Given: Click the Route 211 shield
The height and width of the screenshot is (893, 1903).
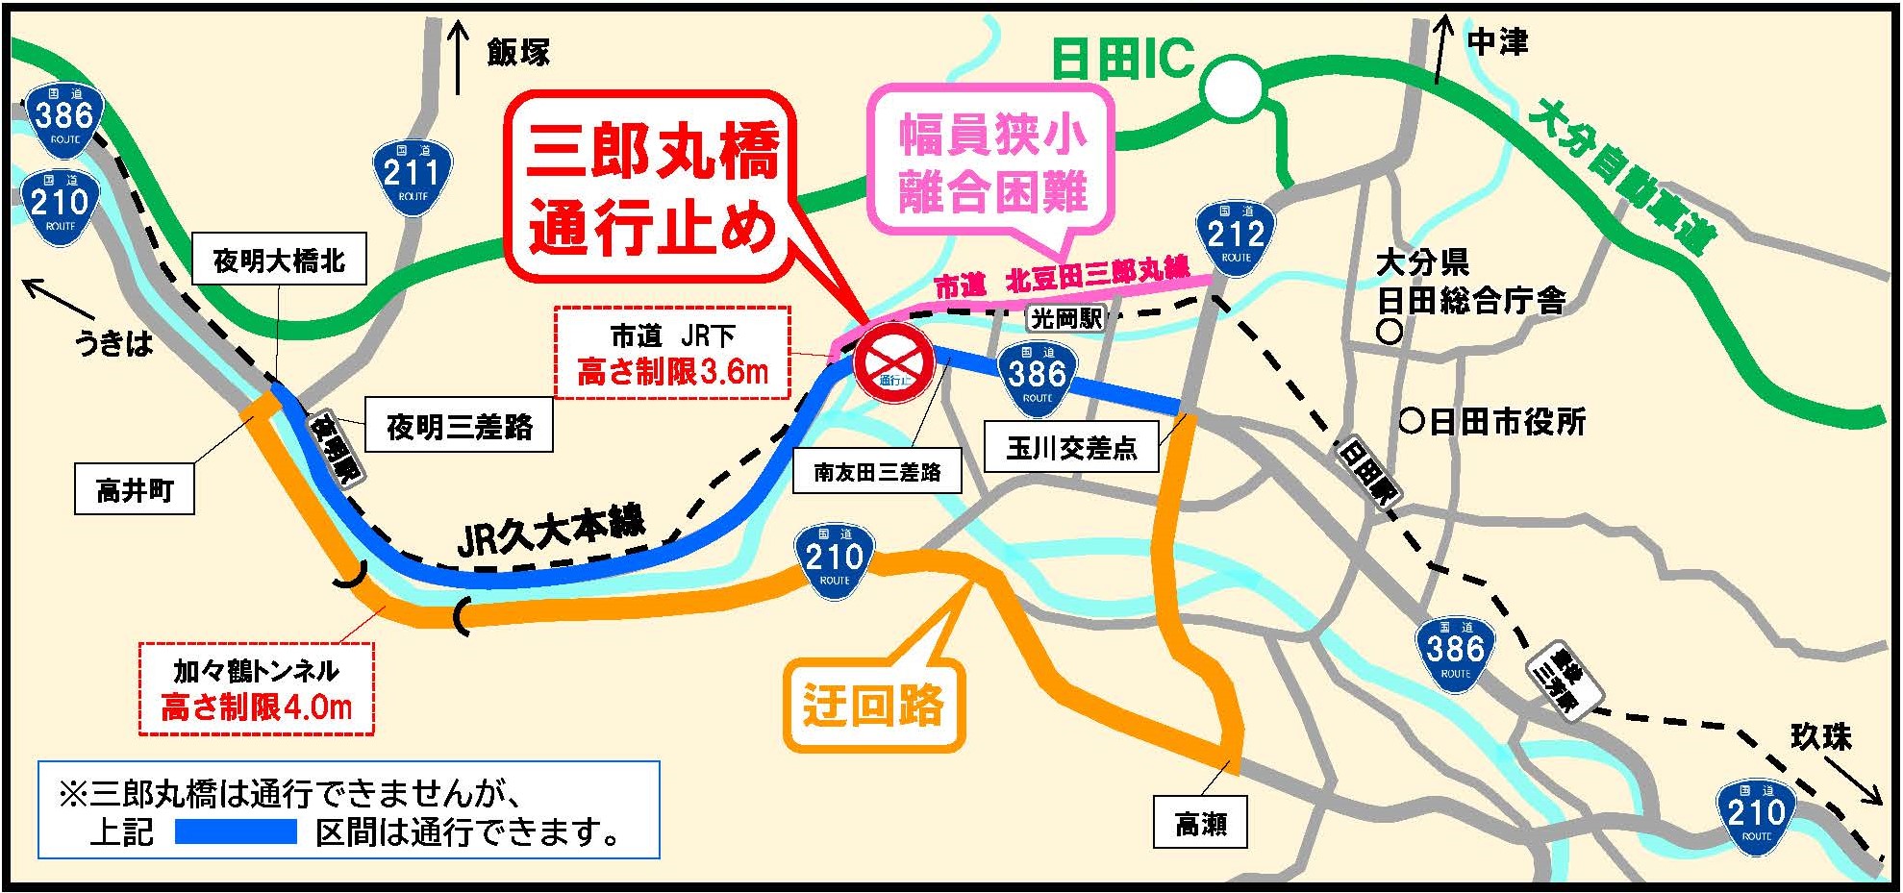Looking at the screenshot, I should click(x=412, y=177).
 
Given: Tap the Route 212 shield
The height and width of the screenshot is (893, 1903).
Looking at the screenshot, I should click(x=1236, y=238).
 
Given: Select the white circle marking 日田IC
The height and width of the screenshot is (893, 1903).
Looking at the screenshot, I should click(x=1234, y=87).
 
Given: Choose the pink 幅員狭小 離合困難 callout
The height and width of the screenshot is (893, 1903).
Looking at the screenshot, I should click(x=992, y=163).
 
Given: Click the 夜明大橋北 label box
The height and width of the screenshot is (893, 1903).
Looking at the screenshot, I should click(x=279, y=260).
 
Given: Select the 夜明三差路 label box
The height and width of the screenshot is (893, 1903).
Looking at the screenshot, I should click(x=459, y=426).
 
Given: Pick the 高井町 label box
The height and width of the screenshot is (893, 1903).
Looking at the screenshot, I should click(x=135, y=490).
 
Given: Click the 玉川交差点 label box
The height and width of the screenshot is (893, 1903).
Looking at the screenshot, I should click(x=1071, y=447).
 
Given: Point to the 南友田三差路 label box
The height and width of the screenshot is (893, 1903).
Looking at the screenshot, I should click(x=877, y=471).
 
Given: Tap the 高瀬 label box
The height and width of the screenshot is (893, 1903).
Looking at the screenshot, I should click(x=1201, y=823).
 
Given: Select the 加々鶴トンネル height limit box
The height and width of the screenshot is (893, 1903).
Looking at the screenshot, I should click(x=256, y=689).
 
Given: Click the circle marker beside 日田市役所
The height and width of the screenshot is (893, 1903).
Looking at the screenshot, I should click(x=1411, y=420).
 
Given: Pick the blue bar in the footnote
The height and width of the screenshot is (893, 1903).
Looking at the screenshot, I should click(x=236, y=831).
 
